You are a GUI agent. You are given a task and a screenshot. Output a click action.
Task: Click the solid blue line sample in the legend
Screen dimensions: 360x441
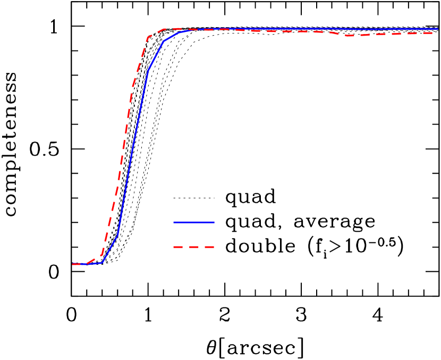coord(194,222)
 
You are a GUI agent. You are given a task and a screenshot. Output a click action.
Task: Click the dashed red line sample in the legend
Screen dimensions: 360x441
coord(194,247)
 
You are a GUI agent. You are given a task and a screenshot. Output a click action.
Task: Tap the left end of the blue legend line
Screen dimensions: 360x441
coord(174,222)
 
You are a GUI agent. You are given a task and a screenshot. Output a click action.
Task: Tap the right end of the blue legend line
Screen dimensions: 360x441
coord(214,222)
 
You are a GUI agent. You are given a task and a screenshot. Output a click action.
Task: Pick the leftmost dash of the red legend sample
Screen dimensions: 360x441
coord(178,247)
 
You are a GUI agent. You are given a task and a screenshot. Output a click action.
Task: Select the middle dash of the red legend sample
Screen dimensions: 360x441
coord(194,247)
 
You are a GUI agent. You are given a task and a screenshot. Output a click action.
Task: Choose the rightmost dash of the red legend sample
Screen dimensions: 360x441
coord(209,247)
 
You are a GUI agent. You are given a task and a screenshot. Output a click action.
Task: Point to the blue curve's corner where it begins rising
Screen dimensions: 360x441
coord(102,263)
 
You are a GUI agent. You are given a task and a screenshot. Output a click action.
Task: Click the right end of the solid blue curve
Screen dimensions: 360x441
coord(438,29)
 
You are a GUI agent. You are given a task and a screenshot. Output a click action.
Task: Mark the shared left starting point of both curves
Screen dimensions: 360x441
coord(73,264)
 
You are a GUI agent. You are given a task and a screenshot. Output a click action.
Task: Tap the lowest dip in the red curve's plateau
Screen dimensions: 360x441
coord(349,36)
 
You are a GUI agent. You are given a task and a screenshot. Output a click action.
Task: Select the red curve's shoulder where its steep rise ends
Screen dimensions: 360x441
coord(148,37)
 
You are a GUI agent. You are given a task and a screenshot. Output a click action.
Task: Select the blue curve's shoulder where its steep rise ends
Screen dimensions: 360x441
coord(164,41)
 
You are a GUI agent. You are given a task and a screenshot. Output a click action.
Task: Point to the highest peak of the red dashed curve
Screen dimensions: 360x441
coord(178,28)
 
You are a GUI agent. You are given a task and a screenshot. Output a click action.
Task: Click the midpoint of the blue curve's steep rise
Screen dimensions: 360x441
coord(133,152)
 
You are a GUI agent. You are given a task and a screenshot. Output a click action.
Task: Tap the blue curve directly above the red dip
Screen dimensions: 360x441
coord(349,29)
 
